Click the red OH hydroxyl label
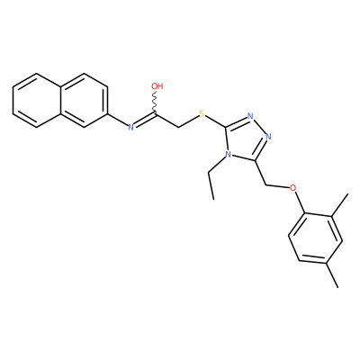[x=157, y=86]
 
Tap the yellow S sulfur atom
[x=202, y=114]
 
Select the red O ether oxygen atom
[x=292, y=188]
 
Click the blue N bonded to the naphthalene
[x=130, y=127]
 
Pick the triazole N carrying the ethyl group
[x=228, y=155]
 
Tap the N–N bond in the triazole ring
[x=260, y=127]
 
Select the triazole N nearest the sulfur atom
[x=250, y=116]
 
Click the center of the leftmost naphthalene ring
[x=36, y=100]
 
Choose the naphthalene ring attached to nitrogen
[x=84, y=100]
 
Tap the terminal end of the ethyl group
[x=213, y=199]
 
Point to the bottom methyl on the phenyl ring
[x=333, y=275]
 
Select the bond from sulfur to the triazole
[x=216, y=121]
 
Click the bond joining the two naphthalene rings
[x=60, y=100]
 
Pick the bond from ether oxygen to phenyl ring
[x=301, y=202]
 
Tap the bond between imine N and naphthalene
[x=117, y=120]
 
